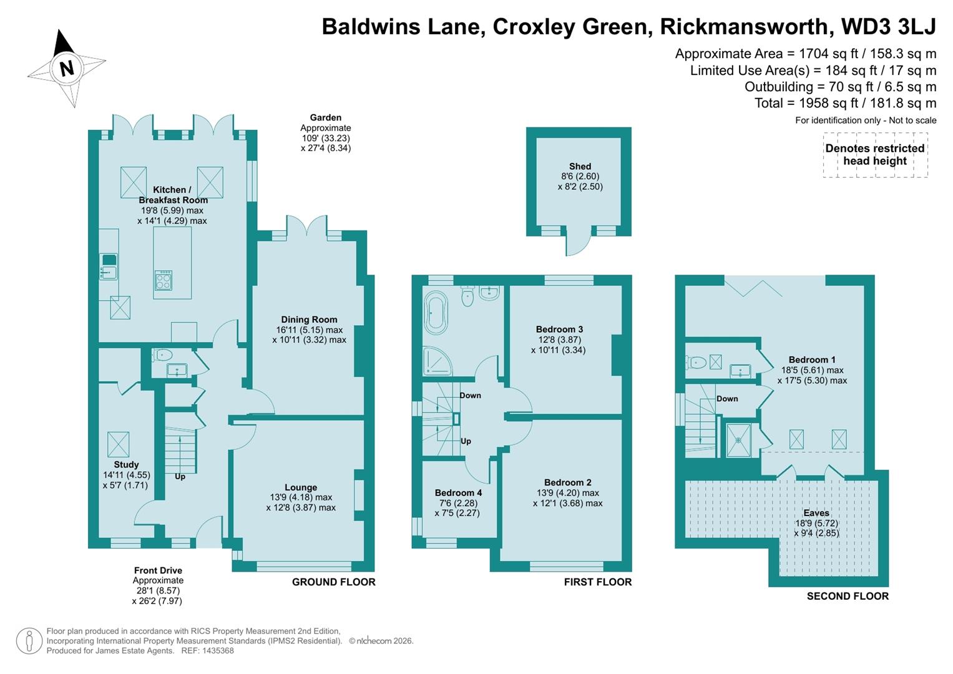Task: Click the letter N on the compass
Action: click(67, 67)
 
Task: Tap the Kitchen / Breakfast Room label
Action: click(172, 195)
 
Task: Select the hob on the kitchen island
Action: click(164, 280)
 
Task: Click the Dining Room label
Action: click(309, 320)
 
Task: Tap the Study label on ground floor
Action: click(126, 464)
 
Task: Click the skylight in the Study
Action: click(118, 444)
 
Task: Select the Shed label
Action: click(580, 166)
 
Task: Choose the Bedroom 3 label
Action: click(559, 330)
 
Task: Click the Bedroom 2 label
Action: click(567, 482)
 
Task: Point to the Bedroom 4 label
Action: click(458, 493)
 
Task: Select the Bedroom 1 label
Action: click(812, 360)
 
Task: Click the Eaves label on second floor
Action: click(816, 513)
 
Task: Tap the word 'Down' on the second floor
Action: click(727, 399)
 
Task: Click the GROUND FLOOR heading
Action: click(333, 582)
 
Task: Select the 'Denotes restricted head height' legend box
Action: click(875, 155)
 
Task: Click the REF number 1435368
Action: click(216, 651)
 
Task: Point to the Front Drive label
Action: click(158, 570)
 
